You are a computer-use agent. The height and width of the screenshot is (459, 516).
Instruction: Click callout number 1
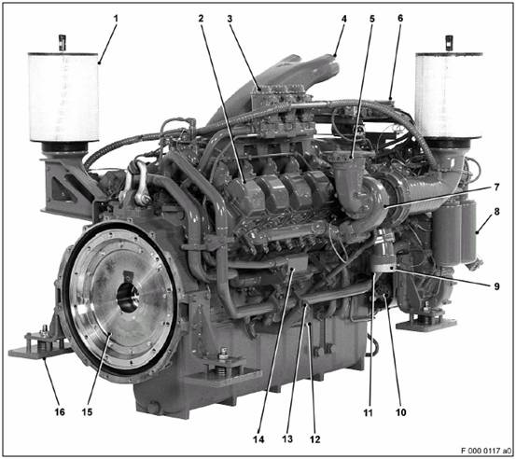click(116, 19)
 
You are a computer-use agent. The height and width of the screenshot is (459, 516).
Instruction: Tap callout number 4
click(344, 19)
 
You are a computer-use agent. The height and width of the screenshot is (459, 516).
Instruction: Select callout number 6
click(400, 18)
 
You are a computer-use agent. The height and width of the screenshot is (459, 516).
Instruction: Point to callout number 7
click(496, 188)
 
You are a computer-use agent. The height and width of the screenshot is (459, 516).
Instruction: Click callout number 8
click(496, 211)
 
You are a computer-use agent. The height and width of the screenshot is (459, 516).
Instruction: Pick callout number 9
click(496, 286)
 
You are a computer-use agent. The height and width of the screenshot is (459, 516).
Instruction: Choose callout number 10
click(401, 412)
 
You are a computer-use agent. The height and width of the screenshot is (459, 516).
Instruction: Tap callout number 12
click(315, 439)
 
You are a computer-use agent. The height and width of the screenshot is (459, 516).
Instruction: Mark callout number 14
click(258, 439)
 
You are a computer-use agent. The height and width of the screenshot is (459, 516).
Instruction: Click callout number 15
click(87, 412)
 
